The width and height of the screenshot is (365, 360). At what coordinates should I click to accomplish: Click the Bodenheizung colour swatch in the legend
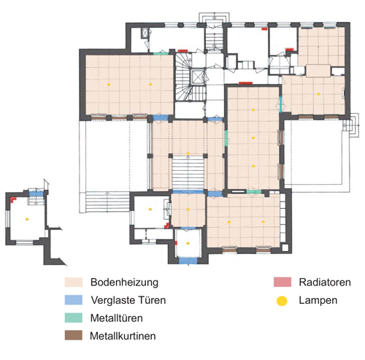(x=74, y=282)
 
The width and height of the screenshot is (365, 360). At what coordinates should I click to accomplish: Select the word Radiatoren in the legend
(x=325, y=282)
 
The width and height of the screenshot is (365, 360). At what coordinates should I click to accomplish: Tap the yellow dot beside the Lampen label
(x=282, y=301)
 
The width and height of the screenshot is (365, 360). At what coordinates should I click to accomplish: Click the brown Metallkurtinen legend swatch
(x=74, y=335)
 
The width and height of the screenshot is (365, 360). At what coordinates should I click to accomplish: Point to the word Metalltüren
(x=116, y=318)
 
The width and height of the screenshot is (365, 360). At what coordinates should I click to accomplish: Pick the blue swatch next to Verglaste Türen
(x=74, y=300)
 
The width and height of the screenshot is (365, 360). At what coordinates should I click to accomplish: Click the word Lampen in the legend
(x=318, y=300)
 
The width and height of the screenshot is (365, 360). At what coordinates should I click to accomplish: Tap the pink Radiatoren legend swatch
(x=283, y=282)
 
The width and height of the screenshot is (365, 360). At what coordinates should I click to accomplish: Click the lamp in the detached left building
(x=27, y=219)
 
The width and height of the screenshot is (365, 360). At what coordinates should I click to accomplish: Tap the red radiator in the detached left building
(x=12, y=199)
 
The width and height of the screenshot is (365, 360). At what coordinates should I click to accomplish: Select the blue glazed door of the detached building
(x=36, y=194)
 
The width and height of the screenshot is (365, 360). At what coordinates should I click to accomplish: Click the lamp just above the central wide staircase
(x=188, y=153)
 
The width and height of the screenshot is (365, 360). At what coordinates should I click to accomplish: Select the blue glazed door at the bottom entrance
(x=188, y=261)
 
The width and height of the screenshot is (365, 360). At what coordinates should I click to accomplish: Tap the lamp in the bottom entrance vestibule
(x=188, y=243)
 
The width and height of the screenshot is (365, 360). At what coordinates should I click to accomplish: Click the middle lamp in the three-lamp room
(x=253, y=138)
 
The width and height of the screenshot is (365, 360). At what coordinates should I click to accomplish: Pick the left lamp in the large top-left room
(x=109, y=85)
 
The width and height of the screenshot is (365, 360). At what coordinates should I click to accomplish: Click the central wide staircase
(x=188, y=173)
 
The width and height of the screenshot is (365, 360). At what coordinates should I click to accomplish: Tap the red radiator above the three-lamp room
(x=246, y=83)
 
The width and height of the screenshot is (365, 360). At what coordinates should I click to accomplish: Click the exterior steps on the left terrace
(x=107, y=202)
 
